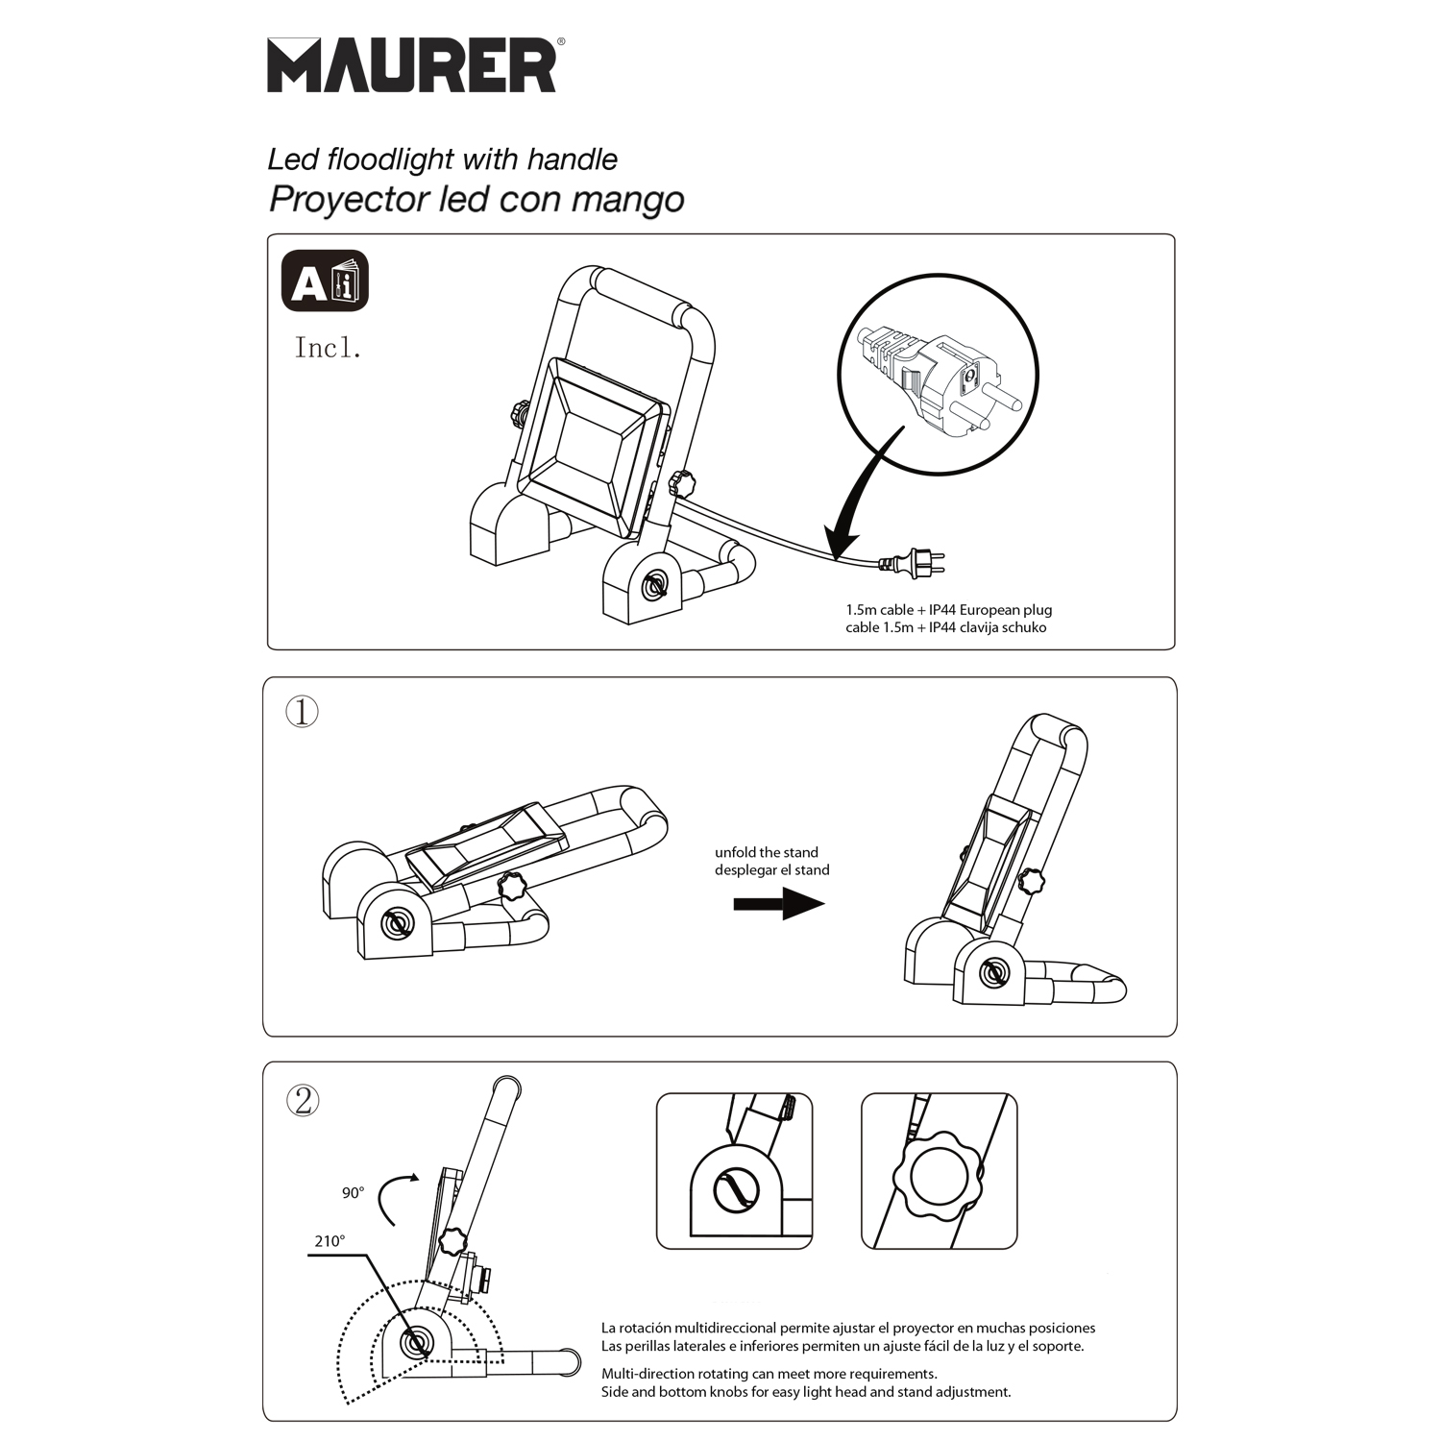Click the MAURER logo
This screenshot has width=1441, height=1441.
pos(413,65)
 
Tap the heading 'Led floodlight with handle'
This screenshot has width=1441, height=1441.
pos(442,159)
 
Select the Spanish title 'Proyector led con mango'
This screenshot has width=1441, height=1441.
pos(476,199)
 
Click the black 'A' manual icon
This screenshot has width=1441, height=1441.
pos(325,281)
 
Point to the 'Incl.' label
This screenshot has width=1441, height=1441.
pos(328,348)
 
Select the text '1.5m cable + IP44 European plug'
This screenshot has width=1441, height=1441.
pos(949,610)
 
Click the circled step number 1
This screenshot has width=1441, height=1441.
pos(303,712)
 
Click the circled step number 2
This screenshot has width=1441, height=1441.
pos(303,1100)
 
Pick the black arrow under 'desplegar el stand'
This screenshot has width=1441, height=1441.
pos(779,904)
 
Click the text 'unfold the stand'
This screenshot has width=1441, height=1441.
pos(767,852)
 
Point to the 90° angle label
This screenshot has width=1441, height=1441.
pos(354,1193)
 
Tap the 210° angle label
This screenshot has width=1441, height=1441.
pos(330,1241)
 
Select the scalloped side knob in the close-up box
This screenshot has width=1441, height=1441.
pos(938,1178)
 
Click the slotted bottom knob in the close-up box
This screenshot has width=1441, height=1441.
pos(737,1192)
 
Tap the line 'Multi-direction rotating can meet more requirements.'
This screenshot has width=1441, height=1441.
pos(769,1374)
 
